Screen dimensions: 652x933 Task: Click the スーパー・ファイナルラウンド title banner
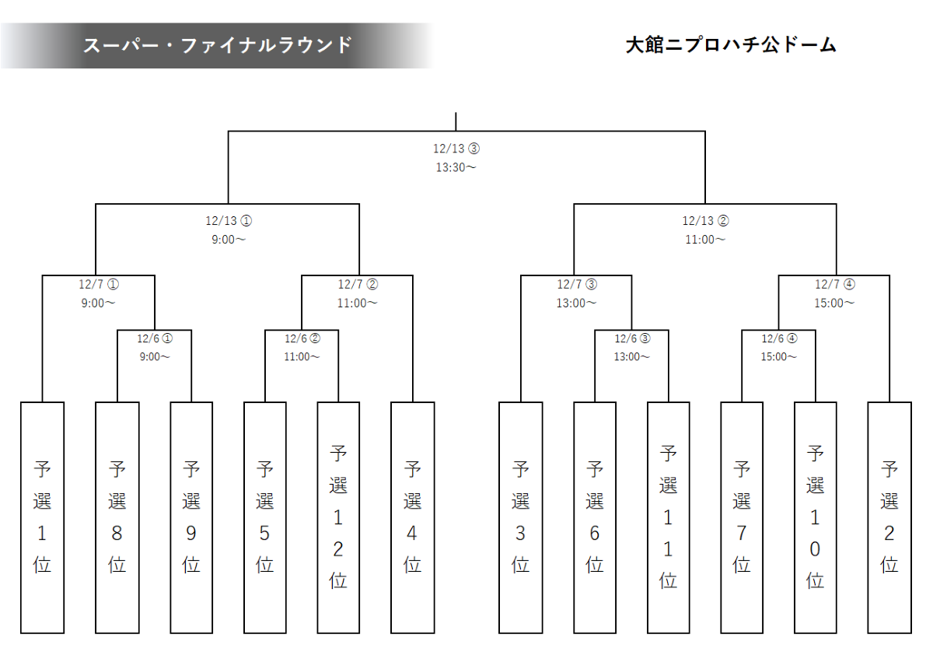pos(218,45)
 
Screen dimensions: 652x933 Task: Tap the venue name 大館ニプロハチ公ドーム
pos(730,45)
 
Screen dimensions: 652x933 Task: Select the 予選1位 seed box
pos(42,517)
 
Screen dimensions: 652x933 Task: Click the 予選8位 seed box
pos(117,517)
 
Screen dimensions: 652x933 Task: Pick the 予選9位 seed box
pos(190,517)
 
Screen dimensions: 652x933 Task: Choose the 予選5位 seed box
pos(264,517)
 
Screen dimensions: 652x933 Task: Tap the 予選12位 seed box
pos(338,517)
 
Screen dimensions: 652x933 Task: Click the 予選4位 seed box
pos(412,517)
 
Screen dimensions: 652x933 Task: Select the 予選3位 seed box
pos(520,517)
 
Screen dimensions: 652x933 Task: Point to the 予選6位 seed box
pos(595,517)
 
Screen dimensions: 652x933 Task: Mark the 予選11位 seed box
pos(668,517)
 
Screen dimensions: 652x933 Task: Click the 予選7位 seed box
pos(742,517)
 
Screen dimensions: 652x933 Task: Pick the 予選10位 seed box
pos(815,517)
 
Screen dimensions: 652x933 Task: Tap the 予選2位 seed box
pos(889,517)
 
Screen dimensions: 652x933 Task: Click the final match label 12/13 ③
pos(456,148)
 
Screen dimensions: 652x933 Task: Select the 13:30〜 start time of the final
pos(456,167)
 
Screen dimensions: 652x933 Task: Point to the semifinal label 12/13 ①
pos(229,221)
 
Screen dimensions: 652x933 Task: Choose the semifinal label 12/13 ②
pos(705,221)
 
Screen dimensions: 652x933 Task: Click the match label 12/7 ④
pos(835,284)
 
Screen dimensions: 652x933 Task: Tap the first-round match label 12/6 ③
pos(631,338)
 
